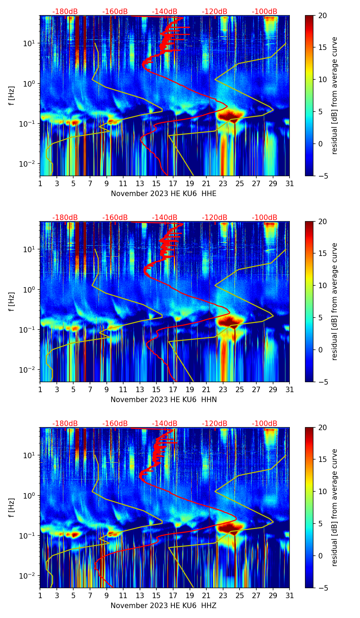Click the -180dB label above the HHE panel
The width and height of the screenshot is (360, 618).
tap(65, 12)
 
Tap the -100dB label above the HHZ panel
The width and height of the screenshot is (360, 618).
tap(265, 424)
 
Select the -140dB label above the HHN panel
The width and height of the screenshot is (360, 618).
tap(165, 218)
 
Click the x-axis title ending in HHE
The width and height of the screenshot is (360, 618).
tap(164, 194)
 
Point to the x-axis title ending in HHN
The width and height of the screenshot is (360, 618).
tap(164, 400)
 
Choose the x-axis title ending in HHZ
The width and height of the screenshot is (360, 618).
tap(164, 606)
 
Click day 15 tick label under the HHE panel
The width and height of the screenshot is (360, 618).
tap(156, 184)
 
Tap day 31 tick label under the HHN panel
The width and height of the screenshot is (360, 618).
tap(290, 390)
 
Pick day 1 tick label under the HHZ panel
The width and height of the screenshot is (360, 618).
tap(40, 596)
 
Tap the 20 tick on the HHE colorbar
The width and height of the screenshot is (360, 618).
tap(322, 15)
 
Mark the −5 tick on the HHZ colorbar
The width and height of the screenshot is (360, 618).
tap(322, 588)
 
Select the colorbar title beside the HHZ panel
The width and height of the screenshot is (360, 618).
tap(334, 507)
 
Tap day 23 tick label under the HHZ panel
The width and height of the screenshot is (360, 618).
tap(223, 596)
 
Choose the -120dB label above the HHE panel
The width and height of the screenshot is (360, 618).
tap(215, 12)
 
